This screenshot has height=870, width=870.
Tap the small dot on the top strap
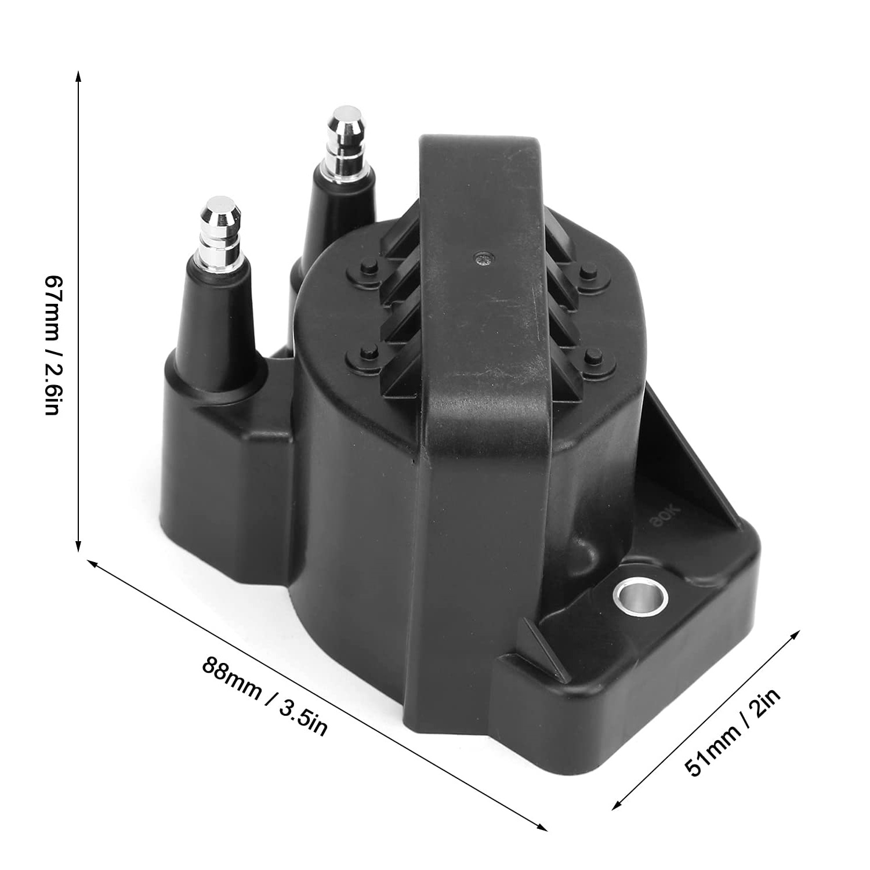pos(481,257)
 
